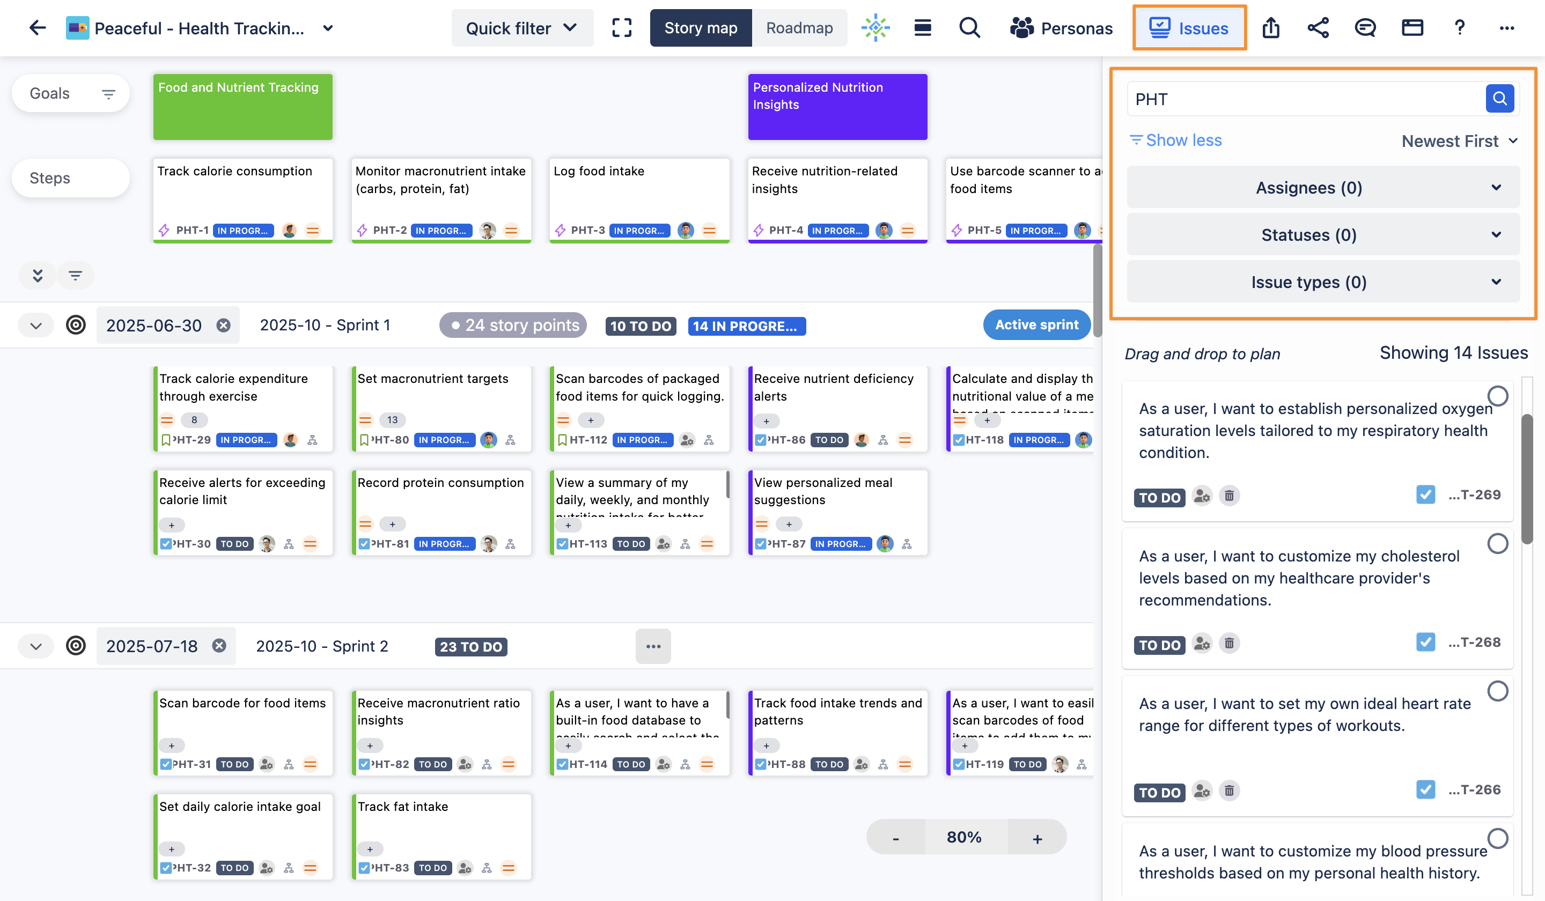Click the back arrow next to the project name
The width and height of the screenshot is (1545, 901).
pos(38,28)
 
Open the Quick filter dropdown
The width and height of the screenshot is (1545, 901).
pos(522,28)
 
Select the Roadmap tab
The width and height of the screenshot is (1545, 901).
pos(799,28)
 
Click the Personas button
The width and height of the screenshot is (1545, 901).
pos(1061,28)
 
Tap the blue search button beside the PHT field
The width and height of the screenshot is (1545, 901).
pos(1499,99)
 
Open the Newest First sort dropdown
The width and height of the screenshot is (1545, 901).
pos(1459,141)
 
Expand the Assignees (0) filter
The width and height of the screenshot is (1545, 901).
pos(1322,188)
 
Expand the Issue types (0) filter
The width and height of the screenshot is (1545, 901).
pos(1322,282)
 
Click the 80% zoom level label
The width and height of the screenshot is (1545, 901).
pos(964,837)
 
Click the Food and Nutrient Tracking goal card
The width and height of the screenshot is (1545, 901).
pos(243,107)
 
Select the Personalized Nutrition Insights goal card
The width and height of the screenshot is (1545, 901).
pos(837,107)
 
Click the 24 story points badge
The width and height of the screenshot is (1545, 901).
pos(513,325)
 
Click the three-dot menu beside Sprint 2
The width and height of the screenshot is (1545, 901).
pos(653,646)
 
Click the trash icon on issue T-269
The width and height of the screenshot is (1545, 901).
pos(1228,495)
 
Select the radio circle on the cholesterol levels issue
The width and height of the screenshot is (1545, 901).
pos(1497,544)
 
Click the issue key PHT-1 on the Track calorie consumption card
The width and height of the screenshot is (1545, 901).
pos(192,231)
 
